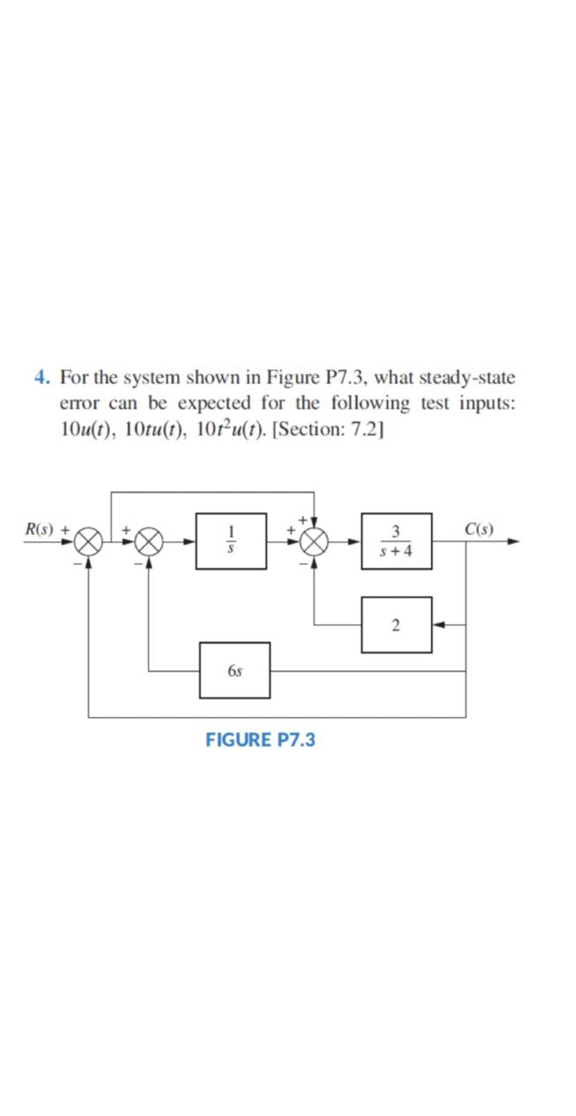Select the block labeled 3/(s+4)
click(397, 541)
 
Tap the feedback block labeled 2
click(397, 625)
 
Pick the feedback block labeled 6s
click(234, 671)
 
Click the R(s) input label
click(39, 531)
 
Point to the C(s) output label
click(478, 531)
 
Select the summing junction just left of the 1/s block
click(148, 541)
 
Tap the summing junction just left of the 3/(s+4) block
click(315, 541)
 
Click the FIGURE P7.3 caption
click(260, 739)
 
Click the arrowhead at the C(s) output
click(512, 541)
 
